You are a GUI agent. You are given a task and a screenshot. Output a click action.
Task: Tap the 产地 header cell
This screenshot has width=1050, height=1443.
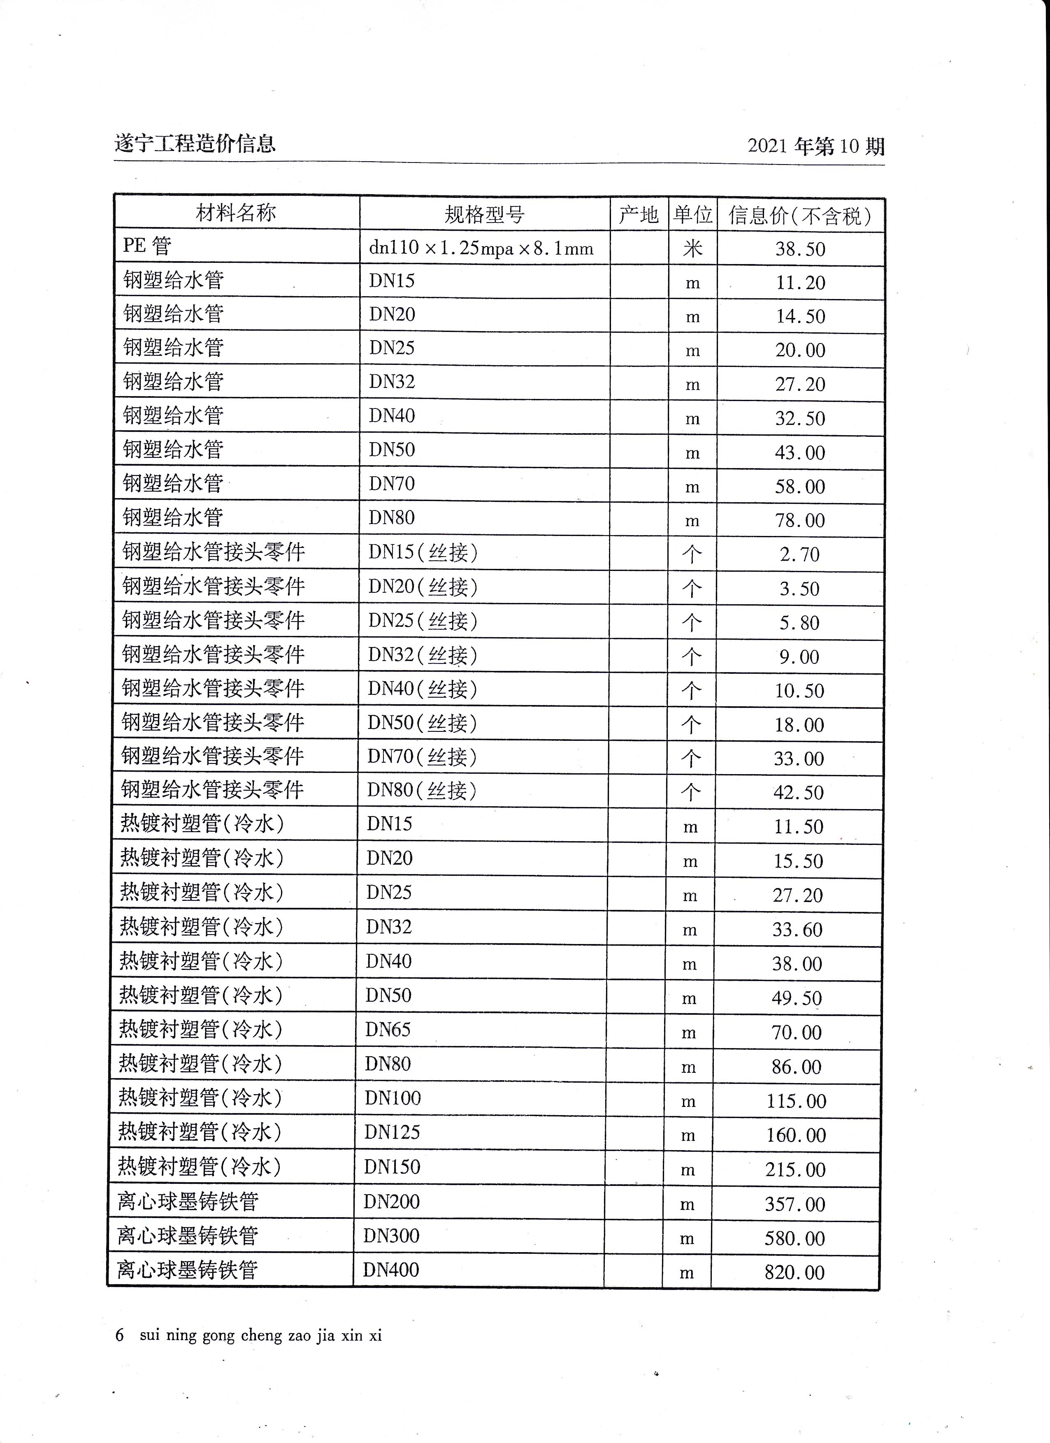pyautogui.click(x=638, y=215)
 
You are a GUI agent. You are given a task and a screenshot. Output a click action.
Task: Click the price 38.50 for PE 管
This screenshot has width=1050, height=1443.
pyautogui.click(x=800, y=249)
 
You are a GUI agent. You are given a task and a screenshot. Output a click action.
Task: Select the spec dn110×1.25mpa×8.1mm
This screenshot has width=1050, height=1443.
pyautogui.click(x=481, y=248)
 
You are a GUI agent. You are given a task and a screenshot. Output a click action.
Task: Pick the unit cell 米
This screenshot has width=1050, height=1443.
pyautogui.click(x=692, y=248)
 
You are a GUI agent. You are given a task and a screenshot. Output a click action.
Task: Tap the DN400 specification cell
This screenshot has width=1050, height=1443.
pyautogui.click(x=391, y=1269)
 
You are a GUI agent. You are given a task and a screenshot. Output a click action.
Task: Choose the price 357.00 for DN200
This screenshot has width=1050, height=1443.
pyautogui.click(x=795, y=1204)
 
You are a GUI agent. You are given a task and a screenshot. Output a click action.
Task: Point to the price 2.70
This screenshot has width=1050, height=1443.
pyautogui.click(x=800, y=554)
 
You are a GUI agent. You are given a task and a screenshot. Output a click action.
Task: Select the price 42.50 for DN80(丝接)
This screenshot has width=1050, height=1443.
pyautogui.click(x=799, y=792)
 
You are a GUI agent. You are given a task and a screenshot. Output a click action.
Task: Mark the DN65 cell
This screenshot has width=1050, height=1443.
pyautogui.click(x=388, y=1029)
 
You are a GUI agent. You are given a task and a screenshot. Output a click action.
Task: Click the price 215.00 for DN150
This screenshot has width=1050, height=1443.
pyautogui.click(x=795, y=1169)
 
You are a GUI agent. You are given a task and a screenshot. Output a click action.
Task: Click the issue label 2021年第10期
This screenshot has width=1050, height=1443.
pyautogui.click(x=816, y=146)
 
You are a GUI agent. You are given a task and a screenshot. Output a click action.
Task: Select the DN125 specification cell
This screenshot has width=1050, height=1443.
pyautogui.click(x=392, y=1132)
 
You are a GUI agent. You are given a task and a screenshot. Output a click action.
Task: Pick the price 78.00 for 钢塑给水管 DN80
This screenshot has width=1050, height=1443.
pyautogui.click(x=800, y=520)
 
